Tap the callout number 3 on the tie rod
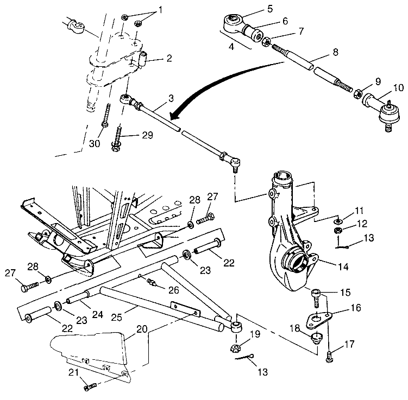coord(171,99)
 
